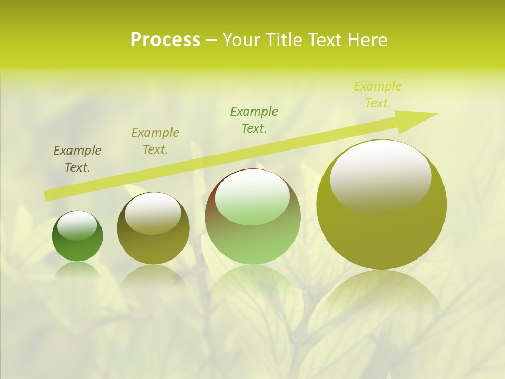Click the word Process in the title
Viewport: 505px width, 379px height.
165,40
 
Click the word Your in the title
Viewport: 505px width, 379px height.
243,40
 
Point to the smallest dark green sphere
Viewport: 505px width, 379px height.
77,236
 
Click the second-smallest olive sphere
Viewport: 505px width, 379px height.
153,228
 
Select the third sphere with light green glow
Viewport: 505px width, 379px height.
252,217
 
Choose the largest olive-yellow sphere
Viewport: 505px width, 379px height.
381,204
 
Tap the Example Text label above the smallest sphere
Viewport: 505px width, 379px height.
77,159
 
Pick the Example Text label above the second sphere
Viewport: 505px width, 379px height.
155,141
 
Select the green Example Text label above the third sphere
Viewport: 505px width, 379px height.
254,119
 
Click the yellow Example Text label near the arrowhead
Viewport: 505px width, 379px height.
378,95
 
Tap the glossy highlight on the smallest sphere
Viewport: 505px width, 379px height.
77,225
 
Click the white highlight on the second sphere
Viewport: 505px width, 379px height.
153,213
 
